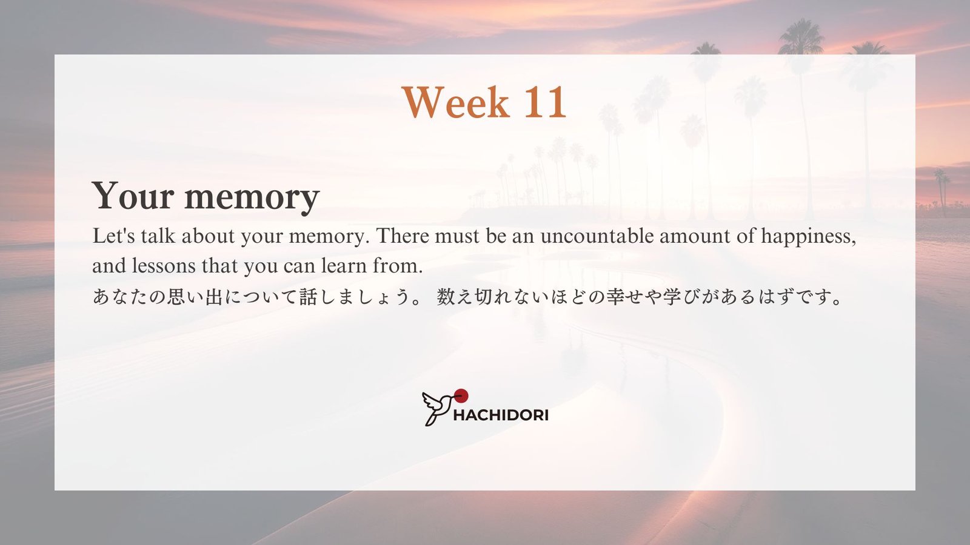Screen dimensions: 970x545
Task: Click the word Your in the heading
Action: tap(133, 196)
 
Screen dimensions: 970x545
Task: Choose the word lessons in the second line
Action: tap(164, 266)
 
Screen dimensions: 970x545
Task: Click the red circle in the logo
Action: tap(461, 395)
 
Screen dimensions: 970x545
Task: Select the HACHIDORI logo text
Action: tap(501, 415)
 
